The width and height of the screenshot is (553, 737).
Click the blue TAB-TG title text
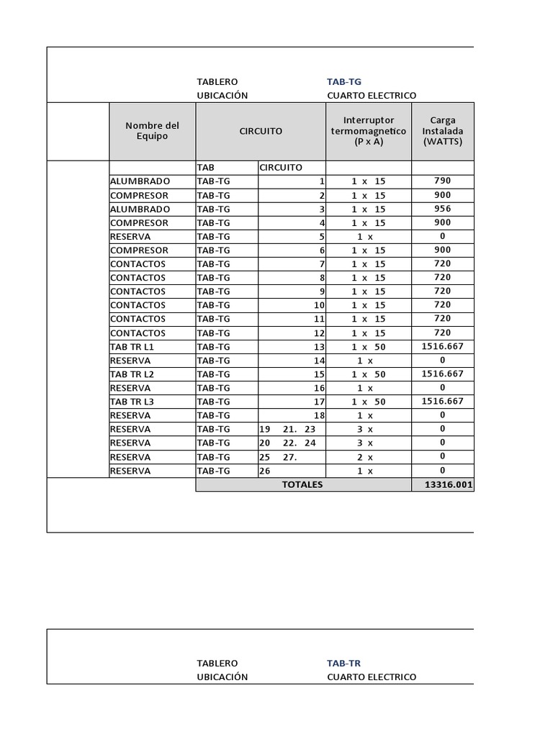click(343, 82)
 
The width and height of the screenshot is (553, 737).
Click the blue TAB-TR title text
click(343, 663)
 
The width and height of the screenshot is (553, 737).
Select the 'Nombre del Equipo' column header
click(152, 131)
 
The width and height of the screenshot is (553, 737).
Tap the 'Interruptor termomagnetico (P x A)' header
click(369, 131)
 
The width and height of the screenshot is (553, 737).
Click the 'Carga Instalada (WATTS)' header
click(443, 131)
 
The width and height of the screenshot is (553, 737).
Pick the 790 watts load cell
click(443, 181)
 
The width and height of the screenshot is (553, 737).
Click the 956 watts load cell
click(443, 209)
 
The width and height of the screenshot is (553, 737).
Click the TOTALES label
click(302, 485)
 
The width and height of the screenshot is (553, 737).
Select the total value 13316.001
click(449, 485)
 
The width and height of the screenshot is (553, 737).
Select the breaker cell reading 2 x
click(365, 457)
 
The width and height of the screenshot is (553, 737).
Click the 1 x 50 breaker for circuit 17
click(368, 402)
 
